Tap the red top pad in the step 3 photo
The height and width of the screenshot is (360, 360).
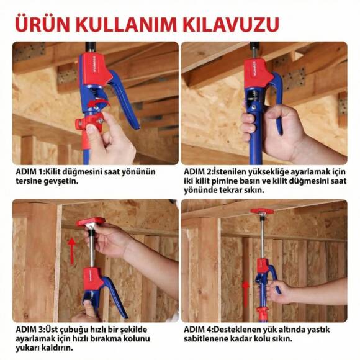91,222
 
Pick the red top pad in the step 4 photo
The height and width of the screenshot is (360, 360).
262,211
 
